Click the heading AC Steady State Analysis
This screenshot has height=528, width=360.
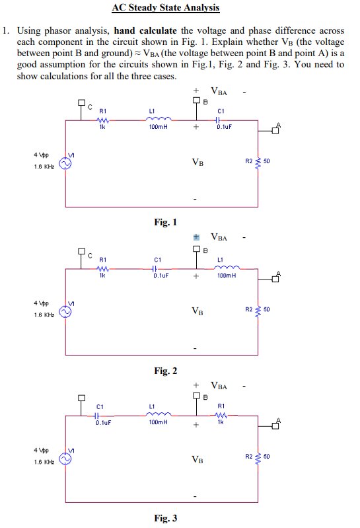pos(164,8)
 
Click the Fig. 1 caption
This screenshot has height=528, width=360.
pos(165,223)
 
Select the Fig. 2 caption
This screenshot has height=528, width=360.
pos(165,371)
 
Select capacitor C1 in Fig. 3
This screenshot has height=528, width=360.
pos(99,416)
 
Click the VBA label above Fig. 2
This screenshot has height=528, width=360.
pos(219,237)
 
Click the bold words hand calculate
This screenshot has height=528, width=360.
pos(145,30)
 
